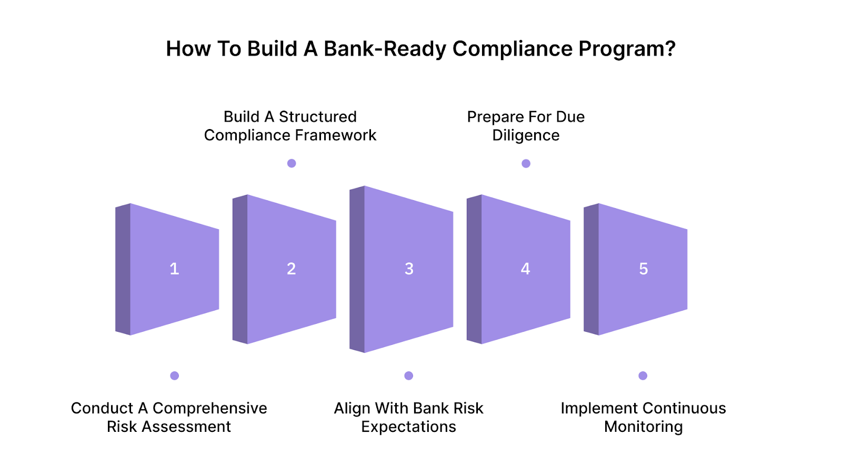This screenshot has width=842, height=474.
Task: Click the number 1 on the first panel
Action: pos(174,269)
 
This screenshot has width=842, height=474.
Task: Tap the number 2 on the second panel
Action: pos(291,269)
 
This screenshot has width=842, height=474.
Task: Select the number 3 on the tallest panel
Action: pos(409,269)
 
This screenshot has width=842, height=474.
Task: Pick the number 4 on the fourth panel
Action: pos(525,269)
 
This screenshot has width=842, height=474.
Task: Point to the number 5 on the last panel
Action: pos(643,269)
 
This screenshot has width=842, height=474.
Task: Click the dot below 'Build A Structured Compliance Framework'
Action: pos(292,163)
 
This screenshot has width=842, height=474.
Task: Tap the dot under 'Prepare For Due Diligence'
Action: pos(526,163)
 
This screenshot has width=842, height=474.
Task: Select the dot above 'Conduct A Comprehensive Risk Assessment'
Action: pos(175,376)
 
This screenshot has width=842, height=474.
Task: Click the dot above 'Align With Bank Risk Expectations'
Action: pos(409,376)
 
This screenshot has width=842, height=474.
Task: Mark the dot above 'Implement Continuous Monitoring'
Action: pos(643,376)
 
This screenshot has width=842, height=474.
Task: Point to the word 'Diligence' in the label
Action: pos(526,135)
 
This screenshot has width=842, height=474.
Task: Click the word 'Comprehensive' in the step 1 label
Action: pos(209,408)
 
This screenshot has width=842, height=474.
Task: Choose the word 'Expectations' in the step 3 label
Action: pos(408,427)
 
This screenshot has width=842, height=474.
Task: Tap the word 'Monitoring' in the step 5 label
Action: pos(643,427)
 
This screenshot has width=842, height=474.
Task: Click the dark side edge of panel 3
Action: pos(357,269)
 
